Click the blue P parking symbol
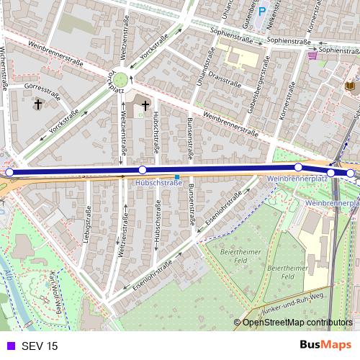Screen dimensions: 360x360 pyautogui.click(x=263, y=12)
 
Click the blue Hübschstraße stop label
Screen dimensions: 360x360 pyautogui.click(x=158, y=184)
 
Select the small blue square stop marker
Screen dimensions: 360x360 pyautogui.click(x=177, y=176)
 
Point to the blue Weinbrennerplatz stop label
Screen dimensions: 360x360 pyautogui.click(x=297, y=177)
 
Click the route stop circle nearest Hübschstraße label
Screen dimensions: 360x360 pyautogui.click(x=143, y=170)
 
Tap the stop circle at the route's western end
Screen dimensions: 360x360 pyautogui.click(x=9, y=172)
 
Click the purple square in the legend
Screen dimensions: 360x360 pyautogui.click(x=9, y=346)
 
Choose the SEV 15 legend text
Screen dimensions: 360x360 pyautogui.click(x=40, y=346)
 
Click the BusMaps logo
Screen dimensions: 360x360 pyautogui.click(x=325, y=346)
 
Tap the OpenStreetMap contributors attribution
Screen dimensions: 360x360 pyautogui.click(x=297, y=323)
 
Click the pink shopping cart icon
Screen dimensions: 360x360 pyautogui.click(x=312, y=55)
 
